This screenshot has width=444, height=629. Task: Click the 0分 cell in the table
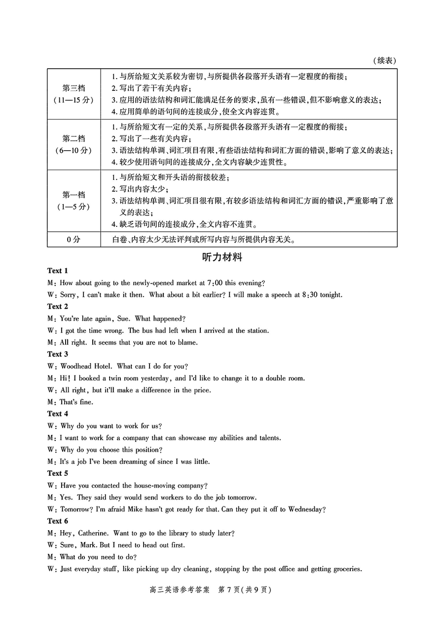click(74, 240)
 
